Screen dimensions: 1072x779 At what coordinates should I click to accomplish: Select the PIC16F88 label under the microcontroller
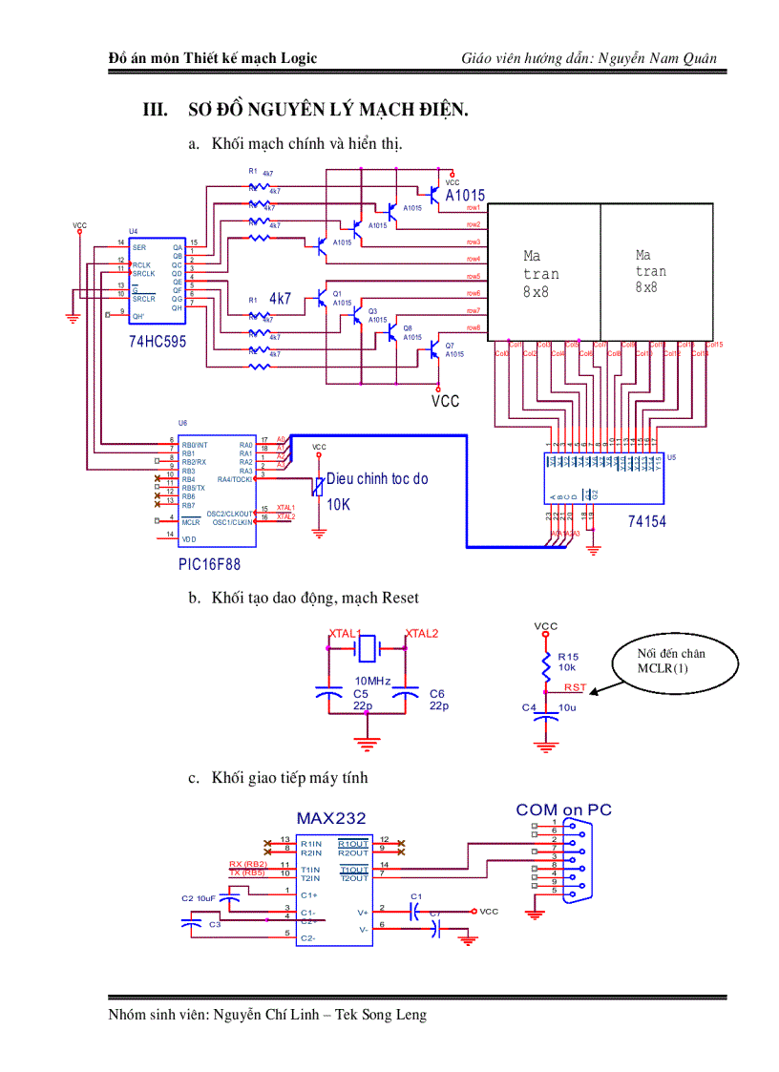pos(209,564)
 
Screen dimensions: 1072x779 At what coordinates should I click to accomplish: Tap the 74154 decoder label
pos(647,521)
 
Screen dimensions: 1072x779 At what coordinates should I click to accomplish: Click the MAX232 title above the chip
pos(330,818)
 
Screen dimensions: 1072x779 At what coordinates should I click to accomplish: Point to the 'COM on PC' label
pos(563,809)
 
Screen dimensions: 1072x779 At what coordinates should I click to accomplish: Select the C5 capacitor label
pos(360,694)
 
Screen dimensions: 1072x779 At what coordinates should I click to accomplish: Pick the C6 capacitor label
pos(436,694)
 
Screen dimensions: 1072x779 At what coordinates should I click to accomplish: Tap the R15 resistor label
pos(568,657)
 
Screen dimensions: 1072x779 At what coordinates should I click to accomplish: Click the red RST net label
pos(575,687)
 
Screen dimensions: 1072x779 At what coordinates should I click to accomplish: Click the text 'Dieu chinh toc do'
pos(377,479)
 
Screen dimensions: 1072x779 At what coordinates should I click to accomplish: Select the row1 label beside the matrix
pos(473,207)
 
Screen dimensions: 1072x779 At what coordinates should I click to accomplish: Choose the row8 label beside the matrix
pos(473,328)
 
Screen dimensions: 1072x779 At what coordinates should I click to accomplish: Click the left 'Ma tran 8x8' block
pos(541,273)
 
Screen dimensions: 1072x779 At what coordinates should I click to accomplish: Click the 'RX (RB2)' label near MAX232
pos(248,864)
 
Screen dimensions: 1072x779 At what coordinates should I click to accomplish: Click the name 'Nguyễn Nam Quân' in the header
pos(659,59)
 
